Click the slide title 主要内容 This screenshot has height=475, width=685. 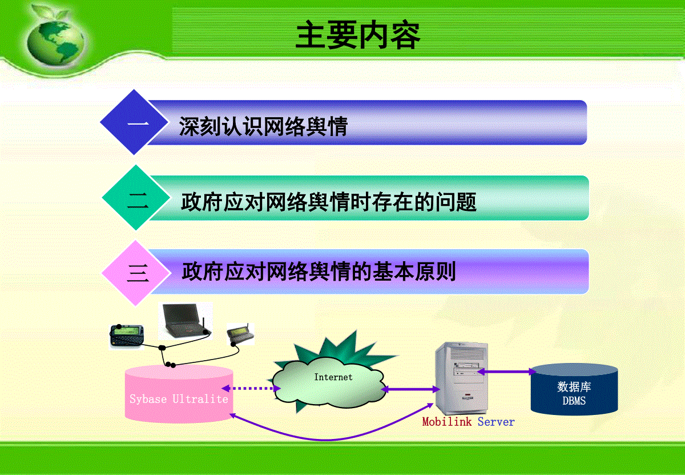(358, 35)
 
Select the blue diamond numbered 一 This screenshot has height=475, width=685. (134, 122)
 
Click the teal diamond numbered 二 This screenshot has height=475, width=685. (136, 198)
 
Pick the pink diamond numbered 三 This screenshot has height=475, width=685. (136, 273)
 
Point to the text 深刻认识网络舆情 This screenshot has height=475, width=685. (263, 126)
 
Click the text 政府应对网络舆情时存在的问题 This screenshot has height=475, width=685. (329, 202)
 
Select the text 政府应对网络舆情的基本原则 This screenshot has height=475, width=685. (319, 272)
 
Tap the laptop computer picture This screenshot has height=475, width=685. (186, 321)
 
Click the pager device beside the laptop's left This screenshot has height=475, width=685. (126, 336)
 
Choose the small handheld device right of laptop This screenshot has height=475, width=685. (240, 333)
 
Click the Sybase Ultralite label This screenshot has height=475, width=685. (179, 399)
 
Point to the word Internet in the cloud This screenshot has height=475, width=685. (333, 377)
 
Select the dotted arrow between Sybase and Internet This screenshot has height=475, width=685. (251, 388)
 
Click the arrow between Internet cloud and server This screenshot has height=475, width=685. (410, 389)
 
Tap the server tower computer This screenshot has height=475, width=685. (461, 378)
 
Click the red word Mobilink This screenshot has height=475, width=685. (447, 422)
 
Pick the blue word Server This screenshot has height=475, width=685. (496, 422)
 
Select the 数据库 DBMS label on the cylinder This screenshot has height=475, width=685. (574, 393)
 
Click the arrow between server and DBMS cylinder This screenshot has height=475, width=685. (507, 372)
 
